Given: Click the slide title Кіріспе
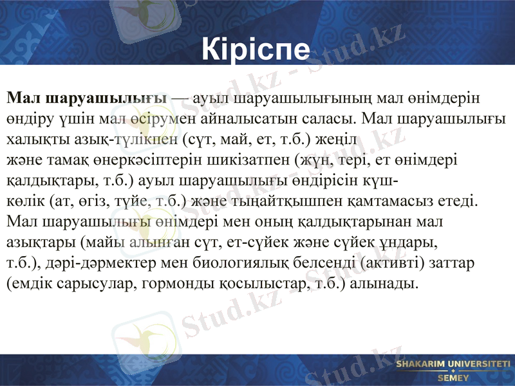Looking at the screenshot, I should coord(256,49).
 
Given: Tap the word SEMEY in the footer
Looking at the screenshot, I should coord(453,378).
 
